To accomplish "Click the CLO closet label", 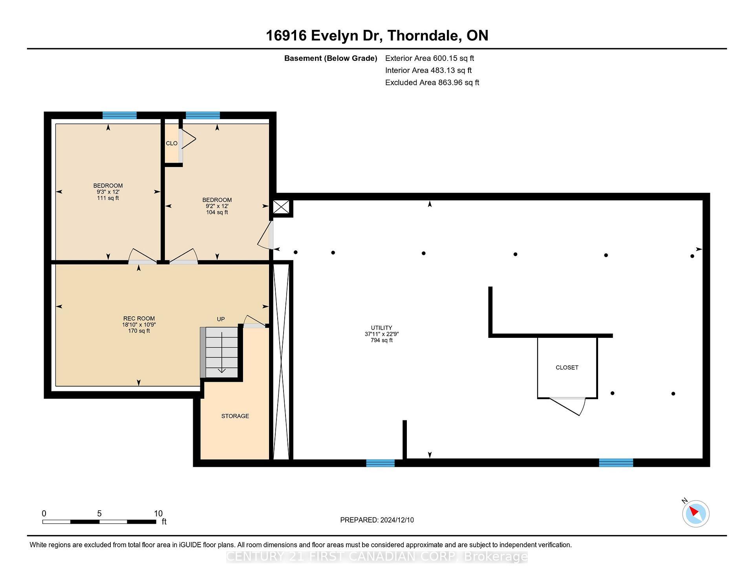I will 172,143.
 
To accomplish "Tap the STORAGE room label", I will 235,416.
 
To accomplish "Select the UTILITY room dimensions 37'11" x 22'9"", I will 382,334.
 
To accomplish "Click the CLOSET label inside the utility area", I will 567,368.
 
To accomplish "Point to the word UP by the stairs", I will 221,319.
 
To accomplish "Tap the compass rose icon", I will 695,513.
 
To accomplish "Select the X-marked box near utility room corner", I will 281,207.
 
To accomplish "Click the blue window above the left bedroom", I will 119,115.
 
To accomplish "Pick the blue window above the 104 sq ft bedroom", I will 203,115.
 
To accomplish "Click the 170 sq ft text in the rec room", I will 139,331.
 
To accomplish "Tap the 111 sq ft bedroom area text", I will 108,198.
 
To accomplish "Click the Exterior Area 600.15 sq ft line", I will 429,58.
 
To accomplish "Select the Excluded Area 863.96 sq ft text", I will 432,82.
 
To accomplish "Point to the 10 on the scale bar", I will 158,513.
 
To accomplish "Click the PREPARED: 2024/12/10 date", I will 377,520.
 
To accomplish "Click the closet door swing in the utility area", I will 569,405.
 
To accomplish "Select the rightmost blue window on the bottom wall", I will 616,462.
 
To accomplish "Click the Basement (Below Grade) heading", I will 330,58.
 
